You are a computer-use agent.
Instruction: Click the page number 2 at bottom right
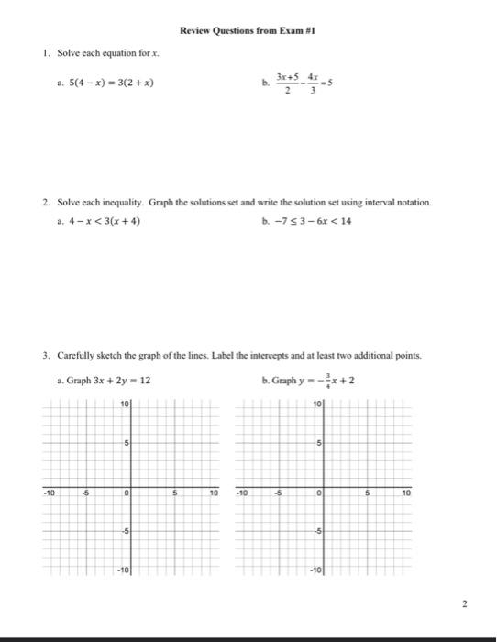(x=466, y=604)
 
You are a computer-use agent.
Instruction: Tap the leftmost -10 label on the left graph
(x=50, y=493)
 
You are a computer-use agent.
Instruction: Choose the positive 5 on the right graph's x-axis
(x=366, y=493)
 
